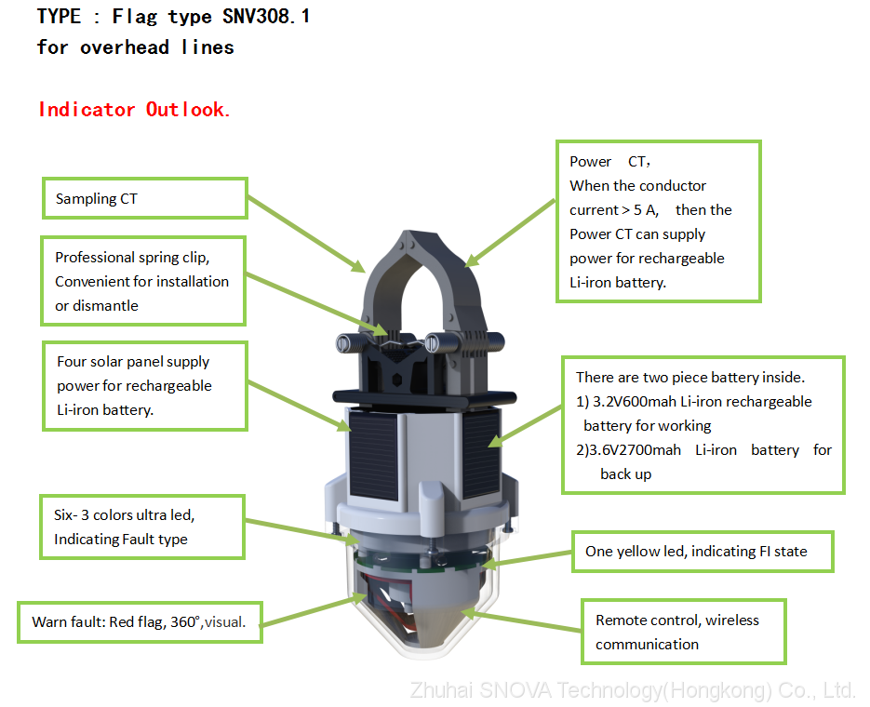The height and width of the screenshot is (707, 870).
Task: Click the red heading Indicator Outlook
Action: [134, 109]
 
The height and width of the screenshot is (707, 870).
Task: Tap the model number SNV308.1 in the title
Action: [266, 17]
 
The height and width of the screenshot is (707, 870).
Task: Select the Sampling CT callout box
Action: [145, 198]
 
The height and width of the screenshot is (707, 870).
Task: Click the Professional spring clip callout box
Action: [143, 281]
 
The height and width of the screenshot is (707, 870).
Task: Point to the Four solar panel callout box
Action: [145, 386]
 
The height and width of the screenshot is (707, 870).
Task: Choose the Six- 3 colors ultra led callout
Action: [142, 527]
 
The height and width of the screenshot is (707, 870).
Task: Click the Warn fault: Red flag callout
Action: [140, 622]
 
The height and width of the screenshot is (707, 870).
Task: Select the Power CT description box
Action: [659, 221]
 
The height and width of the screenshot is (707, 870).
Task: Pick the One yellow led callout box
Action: [703, 552]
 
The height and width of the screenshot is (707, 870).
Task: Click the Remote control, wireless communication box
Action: [684, 632]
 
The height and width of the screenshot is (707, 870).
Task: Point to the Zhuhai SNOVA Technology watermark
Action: [633, 690]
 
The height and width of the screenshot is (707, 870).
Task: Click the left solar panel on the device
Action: [373, 455]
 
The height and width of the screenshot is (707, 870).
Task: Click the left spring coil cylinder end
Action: [343, 342]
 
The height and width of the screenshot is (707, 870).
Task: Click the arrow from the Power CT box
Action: [511, 233]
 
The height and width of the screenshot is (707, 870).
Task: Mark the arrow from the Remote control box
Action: [521, 620]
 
